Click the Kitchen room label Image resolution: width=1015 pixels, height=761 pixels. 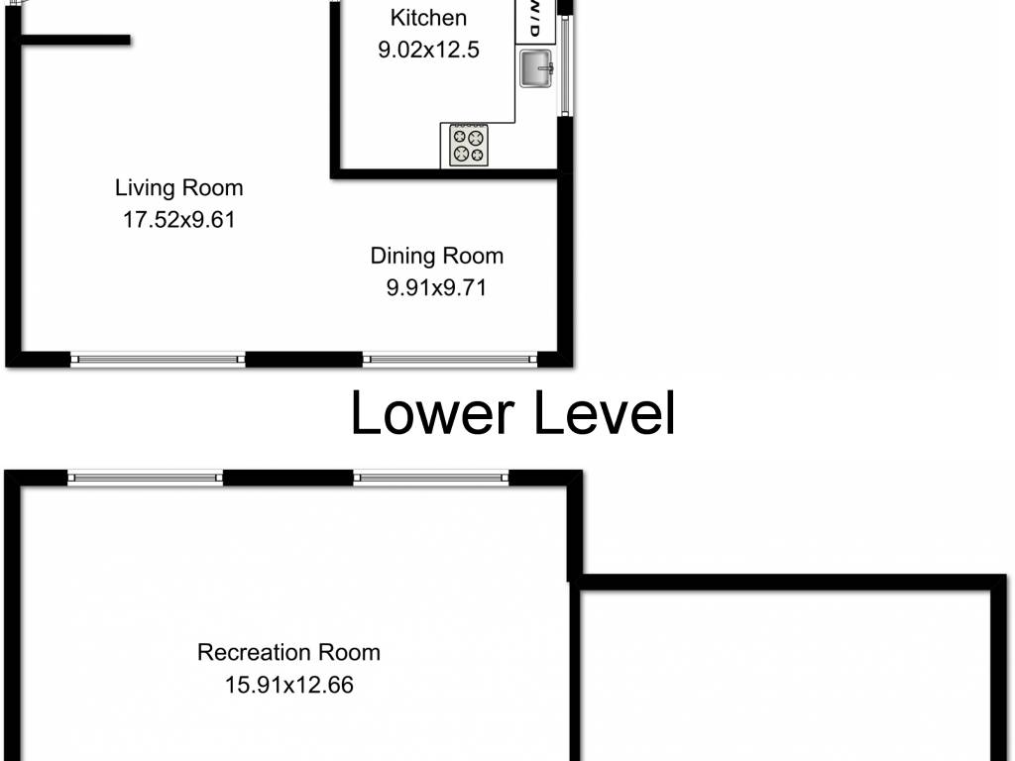[428, 18]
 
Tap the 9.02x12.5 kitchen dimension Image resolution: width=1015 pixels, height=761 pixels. [428, 50]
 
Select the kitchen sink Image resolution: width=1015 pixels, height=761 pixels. [536, 68]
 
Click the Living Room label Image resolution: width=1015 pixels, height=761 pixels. [179, 187]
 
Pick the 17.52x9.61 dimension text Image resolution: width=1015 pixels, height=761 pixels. [179, 220]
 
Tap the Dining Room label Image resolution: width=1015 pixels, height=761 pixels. [437, 256]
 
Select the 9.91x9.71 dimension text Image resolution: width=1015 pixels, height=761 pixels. [436, 287]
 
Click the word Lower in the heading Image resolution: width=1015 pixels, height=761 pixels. [432, 413]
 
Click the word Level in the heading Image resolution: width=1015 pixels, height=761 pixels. [605, 413]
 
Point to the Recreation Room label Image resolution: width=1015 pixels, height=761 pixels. [288, 652]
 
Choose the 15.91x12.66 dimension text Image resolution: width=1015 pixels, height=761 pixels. [289, 685]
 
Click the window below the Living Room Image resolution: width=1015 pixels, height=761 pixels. [158, 359]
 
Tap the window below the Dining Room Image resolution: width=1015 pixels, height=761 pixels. [450, 359]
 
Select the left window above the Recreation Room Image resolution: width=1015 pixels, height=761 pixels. [146, 478]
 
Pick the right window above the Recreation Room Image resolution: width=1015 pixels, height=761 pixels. [431, 478]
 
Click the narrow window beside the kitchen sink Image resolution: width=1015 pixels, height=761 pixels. [564, 66]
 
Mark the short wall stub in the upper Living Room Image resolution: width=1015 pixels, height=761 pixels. [75, 40]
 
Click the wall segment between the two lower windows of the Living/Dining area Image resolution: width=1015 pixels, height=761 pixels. [303, 359]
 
